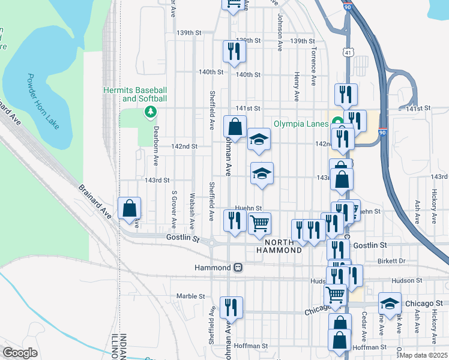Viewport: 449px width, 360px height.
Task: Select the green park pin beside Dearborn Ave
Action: pyautogui.click(x=149, y=111)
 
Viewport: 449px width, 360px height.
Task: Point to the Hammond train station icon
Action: pyautogui.click(x=238, y=267)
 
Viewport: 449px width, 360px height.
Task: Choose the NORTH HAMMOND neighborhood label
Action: pyautogui.click(x=283, y=246)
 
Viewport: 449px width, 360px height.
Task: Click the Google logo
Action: pyautogui.click(x=20, y=353)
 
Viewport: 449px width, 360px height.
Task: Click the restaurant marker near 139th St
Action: pyautogui.click(x=232, y=51)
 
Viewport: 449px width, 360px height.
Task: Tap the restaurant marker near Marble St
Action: pyautogui.click(x=231, y=307)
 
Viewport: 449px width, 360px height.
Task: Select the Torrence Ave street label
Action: pyautogui.click(x=313, y=65)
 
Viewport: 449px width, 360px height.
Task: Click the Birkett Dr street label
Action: pyautogui.click(x=393, y=261)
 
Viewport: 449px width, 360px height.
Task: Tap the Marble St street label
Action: pyautogui.click(x=191, y=296)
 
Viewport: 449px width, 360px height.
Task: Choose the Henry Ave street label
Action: pyautogui.click(x=297, y=86)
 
